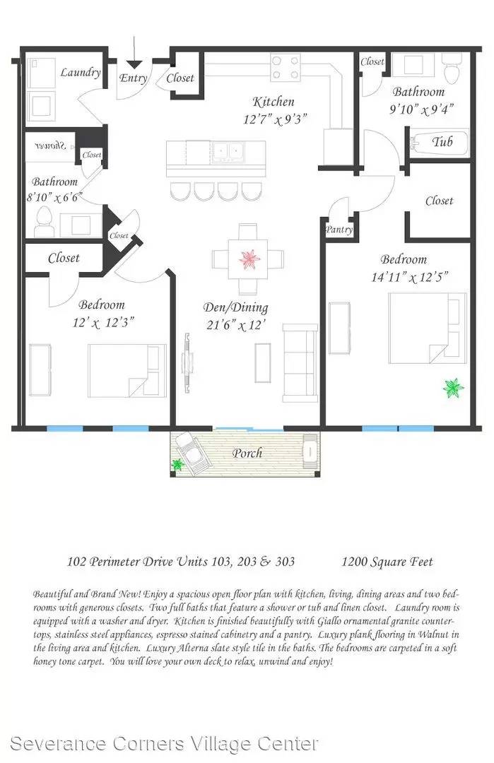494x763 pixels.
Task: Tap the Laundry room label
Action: click(81, 73)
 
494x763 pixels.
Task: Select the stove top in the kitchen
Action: click(286, 68)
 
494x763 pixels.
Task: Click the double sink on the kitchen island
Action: click(228, 151)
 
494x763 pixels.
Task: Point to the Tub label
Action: click(442, 141)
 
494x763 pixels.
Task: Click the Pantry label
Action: click(339, 230)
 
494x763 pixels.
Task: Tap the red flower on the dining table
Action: click(249, 259)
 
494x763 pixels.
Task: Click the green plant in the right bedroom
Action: click(453, 388)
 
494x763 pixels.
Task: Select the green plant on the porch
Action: click(177, 465)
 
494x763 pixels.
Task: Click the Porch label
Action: click(248, 453)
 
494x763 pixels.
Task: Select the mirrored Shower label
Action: click(51, 145)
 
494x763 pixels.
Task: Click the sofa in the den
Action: click(300, 362)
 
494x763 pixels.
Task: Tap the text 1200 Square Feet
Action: click(387, 562)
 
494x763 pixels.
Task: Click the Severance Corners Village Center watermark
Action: click(164, 743)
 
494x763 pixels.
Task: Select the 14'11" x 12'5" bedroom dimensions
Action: click(409, 277)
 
